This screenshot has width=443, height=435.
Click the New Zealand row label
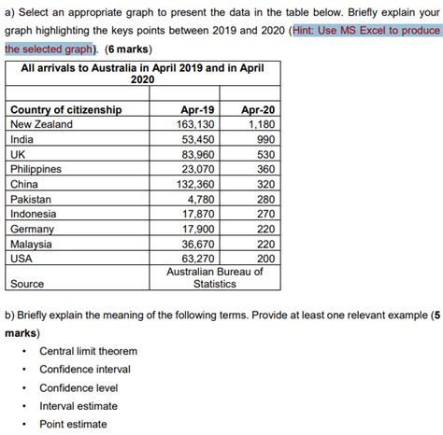pos(43,124)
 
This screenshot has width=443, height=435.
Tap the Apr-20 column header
pos(255,110)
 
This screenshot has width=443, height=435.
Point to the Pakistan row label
pos(34,199)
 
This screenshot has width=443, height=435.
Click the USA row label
pos(23,259)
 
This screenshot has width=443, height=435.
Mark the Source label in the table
pos(28,283)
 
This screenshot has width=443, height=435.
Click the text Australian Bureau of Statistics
pos(214,277)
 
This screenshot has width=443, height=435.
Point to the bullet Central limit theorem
pos(88,351)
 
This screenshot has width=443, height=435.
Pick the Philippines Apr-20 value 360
pos(265,169)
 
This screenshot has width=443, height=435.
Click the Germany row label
pos(34,229)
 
